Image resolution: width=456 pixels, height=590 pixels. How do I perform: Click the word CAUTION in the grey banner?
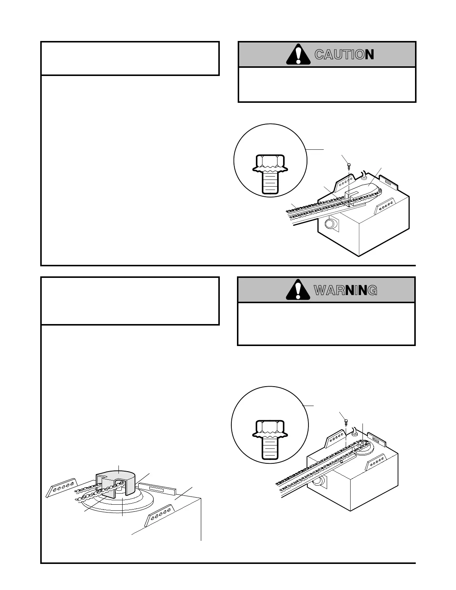pos(344,55)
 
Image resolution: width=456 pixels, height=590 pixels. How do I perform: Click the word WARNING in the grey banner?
pos(345,290)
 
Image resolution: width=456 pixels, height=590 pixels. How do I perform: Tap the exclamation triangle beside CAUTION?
pos(298,54)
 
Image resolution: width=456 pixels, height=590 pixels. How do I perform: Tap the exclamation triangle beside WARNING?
pos(298,289)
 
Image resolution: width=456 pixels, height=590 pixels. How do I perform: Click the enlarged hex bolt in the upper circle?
pos(270,174)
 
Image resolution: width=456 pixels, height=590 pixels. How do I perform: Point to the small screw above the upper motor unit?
pos(349,165)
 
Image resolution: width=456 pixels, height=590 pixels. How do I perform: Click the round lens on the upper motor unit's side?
pos(330,224)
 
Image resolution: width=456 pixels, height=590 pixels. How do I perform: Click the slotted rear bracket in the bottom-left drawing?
pos(158,489)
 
